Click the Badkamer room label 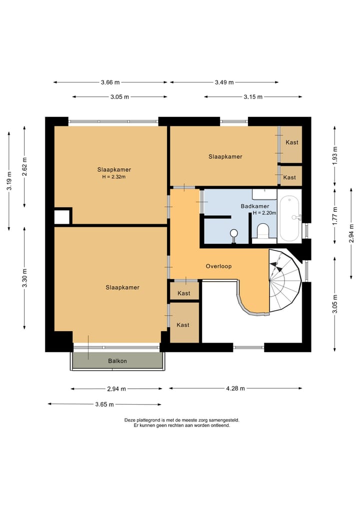click(x=255, y=206)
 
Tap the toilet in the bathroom click(x=262, y=231)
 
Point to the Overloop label click(x=218, y=266)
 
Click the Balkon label click(x=117, y=361)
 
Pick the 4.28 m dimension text click(x=235, y=388)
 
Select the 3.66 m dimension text click(x=110, y=82)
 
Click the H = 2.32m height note click(x=114, y=177)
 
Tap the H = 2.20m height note click(x=264, y=213)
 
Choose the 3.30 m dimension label click(x=24, y=278)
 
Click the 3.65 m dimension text click(x=104, y=404)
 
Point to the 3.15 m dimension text click(x=253, y=96)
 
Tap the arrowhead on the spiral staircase click(x=274, y=265)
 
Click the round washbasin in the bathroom click(x=234, y=233)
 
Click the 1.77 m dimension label click(x=335, y=216)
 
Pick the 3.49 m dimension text click(x=224, y=82)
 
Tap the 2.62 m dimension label click(x=24, y=166)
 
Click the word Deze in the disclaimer click(x=129, y=420)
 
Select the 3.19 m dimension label click(x=9, y=181)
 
